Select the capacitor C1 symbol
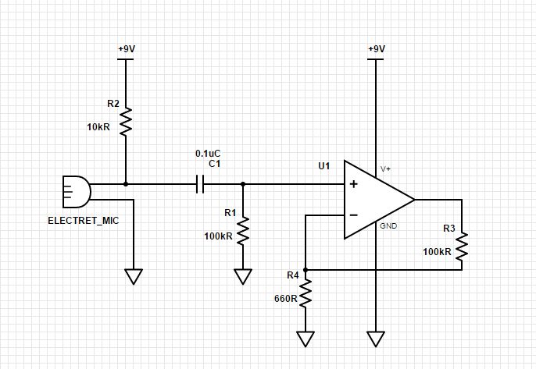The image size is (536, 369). click(x=200, y=184)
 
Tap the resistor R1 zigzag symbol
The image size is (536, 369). click(x=243, y=231)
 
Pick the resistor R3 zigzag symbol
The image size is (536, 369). click(x=462, y=247)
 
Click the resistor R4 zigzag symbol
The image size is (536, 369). click(x=306, y=293)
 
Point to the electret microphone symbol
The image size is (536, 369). click(x=76, y=191)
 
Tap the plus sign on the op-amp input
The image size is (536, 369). click(x=353, y=185)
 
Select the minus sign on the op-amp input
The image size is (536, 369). click(x=353, y=215)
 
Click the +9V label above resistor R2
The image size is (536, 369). click(x=126, y=48)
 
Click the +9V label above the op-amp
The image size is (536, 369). click(x=376, y=48)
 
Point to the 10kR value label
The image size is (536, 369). click(x=98, y=126)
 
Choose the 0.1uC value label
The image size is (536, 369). click(x=207, y=154)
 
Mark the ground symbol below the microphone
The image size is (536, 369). click(x=134, y=276)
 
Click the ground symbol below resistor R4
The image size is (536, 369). click(x=306, y=339)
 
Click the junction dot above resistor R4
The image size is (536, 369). click(x=306, y=270)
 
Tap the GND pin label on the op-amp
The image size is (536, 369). click(x=388, y=226)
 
